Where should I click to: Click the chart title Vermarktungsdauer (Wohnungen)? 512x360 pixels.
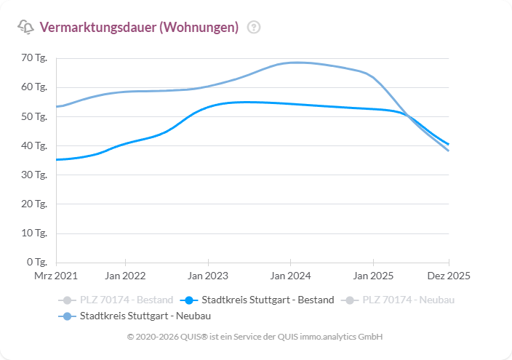(139, 28)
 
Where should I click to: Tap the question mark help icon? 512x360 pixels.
(254, 28)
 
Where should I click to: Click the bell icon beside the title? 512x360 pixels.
(25, 28)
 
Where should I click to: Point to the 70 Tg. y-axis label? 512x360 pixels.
(34, 57)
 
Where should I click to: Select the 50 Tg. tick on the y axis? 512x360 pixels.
(34, 116)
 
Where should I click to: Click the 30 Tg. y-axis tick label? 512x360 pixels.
(34, 175)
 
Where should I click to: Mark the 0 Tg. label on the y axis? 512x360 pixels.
(36, 262)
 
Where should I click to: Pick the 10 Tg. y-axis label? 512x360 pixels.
(34, 233)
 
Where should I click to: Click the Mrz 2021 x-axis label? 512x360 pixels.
(56, 276)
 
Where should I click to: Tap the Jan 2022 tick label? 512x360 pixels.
(125, 276)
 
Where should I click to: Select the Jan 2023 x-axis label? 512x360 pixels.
(208, 276)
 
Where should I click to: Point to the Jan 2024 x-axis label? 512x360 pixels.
(290, 276)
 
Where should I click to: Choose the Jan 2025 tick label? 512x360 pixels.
(373, 276)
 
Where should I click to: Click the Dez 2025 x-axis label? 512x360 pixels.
(448, 276)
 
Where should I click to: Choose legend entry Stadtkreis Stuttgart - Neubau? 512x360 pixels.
(145, 316)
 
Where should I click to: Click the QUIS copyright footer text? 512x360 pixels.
(255, 337)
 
